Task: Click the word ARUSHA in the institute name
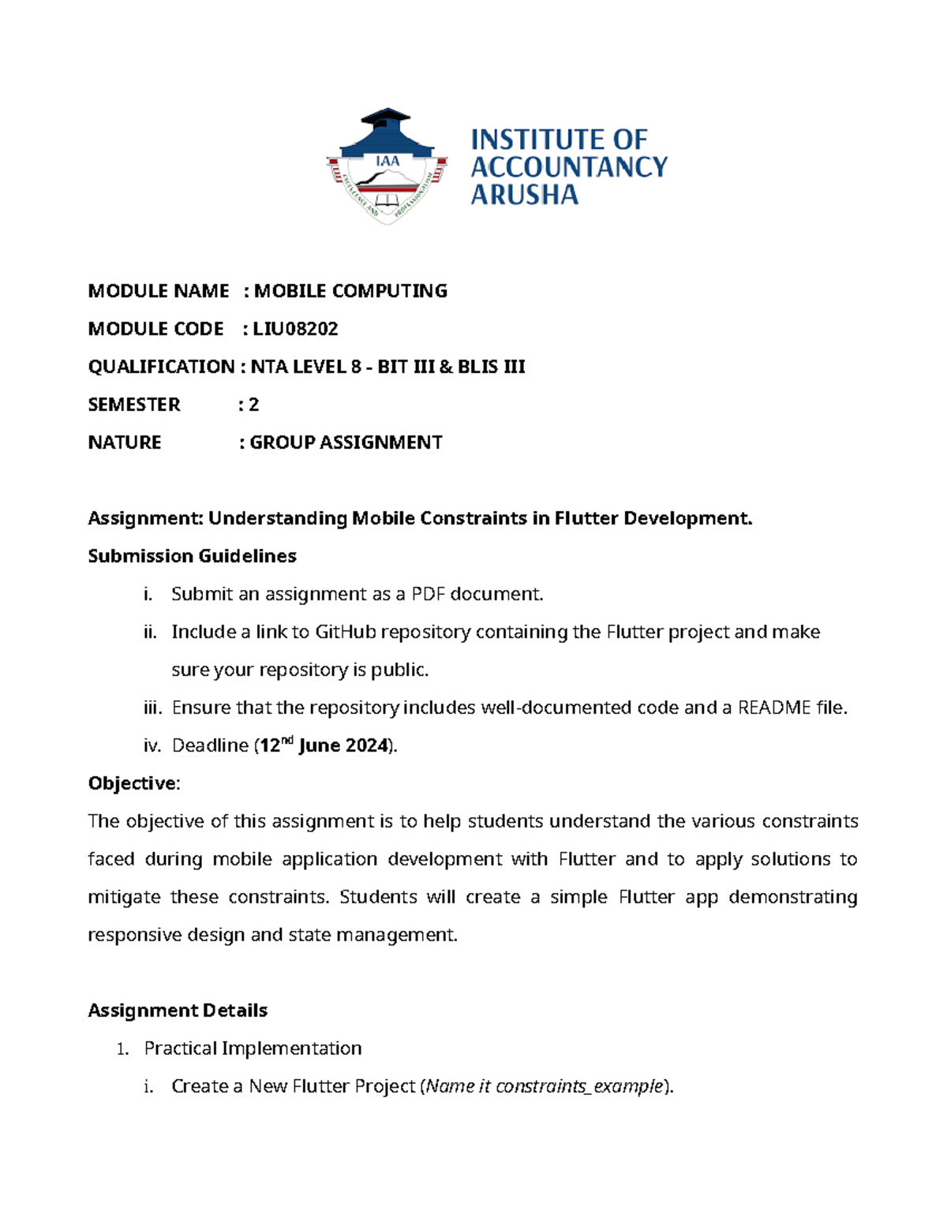[524, 194]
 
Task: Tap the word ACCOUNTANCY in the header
[568, 166]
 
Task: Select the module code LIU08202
[295, 329]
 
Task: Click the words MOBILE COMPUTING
[350, 291]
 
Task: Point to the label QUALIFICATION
[161, 367]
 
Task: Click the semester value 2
[253, 405]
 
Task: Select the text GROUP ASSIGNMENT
[346, 443]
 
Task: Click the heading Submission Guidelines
[192, 556]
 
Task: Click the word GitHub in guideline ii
[345, 632]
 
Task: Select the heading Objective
[133, 783]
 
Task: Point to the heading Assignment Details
[178, 1010]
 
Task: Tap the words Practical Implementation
[253, 1048]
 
